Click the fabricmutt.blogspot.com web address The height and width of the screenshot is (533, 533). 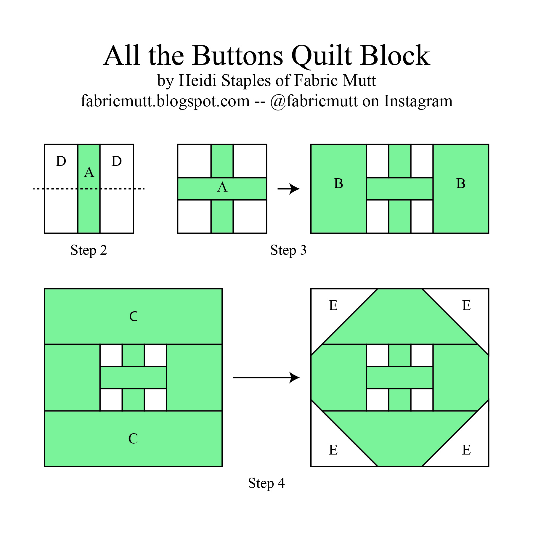165,101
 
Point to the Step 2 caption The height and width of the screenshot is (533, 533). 89,251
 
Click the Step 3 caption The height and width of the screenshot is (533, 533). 288,251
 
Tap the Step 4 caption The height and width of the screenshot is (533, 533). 266,484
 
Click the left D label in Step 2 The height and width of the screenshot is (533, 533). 61,161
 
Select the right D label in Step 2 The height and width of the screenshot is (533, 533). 117,161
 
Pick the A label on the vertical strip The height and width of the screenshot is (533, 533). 89,172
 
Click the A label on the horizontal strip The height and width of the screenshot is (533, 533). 222,187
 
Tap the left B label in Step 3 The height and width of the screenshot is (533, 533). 338,184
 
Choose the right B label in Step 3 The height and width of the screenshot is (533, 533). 461,184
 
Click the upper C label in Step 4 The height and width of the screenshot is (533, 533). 133,317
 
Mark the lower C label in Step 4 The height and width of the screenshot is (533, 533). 133,439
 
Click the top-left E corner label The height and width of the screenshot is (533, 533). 333,306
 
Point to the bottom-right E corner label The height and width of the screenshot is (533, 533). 466,450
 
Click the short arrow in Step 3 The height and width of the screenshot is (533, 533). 289,189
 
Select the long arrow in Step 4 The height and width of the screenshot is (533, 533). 266,378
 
